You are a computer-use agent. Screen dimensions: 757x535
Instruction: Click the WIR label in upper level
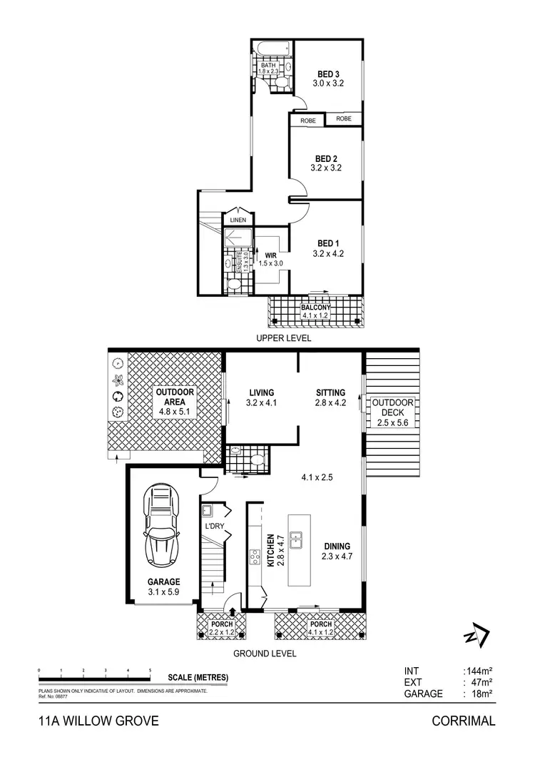270,254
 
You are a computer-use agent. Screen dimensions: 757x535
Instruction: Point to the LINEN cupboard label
238,220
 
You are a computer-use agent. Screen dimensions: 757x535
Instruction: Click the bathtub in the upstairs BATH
272,51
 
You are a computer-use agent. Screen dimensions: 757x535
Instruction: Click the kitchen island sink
300,541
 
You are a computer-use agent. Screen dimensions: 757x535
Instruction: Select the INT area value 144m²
479,671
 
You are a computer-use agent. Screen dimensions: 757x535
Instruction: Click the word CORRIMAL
464,721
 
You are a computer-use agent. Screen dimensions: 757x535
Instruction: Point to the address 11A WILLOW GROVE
98,721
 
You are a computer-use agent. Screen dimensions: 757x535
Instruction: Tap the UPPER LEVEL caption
285,339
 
